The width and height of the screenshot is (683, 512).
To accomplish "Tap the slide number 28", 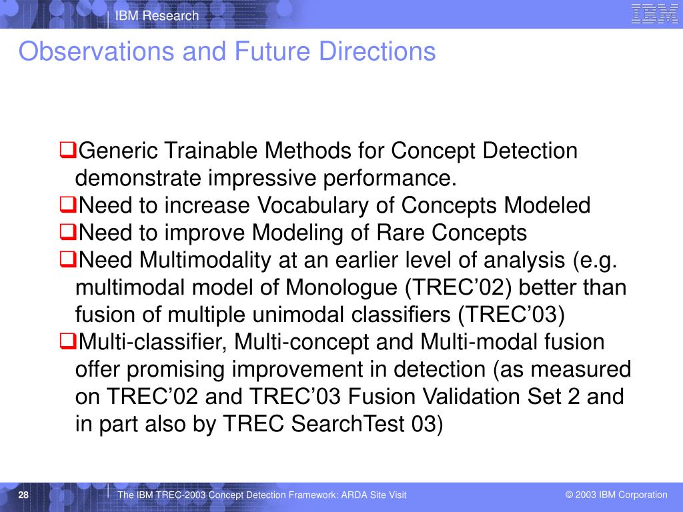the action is point(23,495).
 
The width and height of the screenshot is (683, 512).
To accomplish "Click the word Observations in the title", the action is point(97,51).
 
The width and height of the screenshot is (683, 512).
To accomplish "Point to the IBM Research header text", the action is point(157,16).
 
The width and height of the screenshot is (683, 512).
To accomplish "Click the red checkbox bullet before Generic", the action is point(68,150).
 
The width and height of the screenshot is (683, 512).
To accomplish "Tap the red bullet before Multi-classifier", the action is point(68,341).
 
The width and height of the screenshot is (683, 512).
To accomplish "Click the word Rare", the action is point(400,233).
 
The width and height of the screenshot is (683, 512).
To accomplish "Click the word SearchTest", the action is point(348,423).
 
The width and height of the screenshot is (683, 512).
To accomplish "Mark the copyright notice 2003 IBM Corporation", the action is point(616,495).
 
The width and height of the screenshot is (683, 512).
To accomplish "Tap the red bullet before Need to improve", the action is point(68,232).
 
